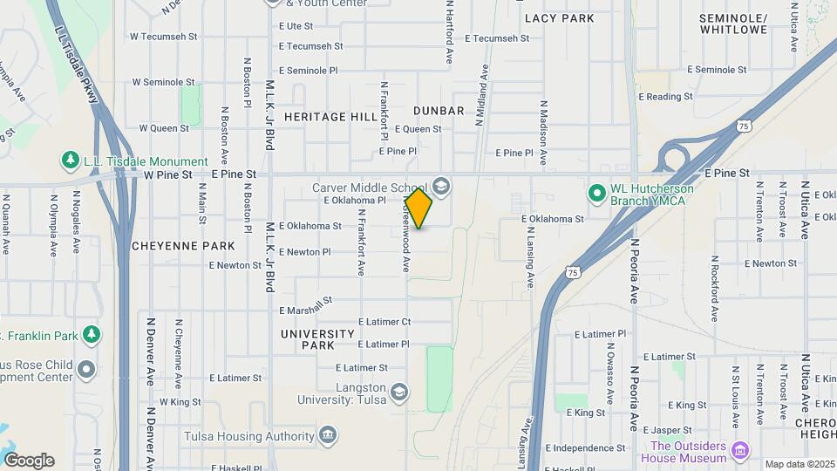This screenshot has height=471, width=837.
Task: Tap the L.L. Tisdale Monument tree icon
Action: pyautogui.click(x=70, y=161)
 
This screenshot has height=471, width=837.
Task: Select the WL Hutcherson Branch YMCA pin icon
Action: pyautogui.click(x=596, y=192)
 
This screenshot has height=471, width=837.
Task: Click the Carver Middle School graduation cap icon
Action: pyautogui.click(x=440, y=186)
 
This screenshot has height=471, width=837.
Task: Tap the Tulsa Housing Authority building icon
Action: pyautogui.click(x=329, y=434)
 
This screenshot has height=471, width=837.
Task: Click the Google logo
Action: pyautogui.click(x=29, y=461)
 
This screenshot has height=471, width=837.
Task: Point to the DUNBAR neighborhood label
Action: pyautogui.click(x=439, y=111)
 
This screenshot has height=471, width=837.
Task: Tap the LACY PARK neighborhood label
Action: pyautogui.click(x=559, y=18)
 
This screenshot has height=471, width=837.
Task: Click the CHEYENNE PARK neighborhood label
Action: pyautogui.click(x=183, y=246)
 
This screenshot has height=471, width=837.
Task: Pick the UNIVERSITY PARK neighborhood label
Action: pyautogui.click(x=317, y=339)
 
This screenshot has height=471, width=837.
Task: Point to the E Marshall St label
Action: pyautogui.click(x=307, y=306)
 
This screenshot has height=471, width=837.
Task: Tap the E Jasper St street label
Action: pyautogui.click(x=668, y=429)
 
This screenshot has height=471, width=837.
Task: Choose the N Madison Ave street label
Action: pyautogui.click(x=542, y=133)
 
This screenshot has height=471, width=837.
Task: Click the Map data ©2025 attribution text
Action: pyautogui.click(x=799, y=464)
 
